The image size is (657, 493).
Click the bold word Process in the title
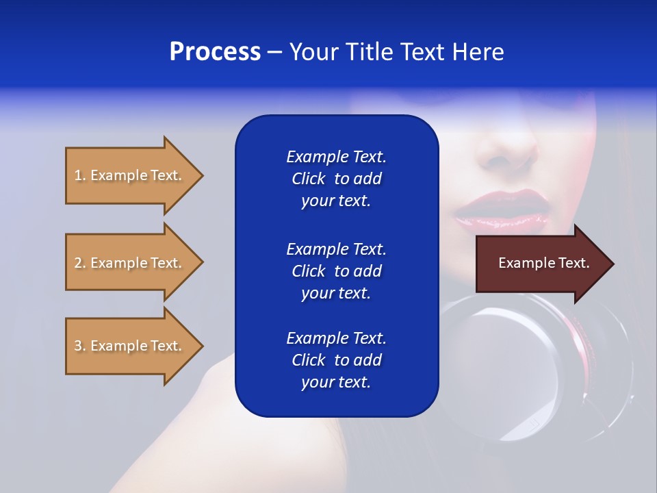(215, 52)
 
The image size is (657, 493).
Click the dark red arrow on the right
(541, 263)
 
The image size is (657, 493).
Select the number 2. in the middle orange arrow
(80, 263)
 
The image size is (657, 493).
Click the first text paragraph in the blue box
(336, 179)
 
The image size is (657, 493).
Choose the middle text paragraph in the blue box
(336, 271)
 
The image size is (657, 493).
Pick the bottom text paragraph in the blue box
(336, 360)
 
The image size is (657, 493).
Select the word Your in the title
(314, 52)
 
